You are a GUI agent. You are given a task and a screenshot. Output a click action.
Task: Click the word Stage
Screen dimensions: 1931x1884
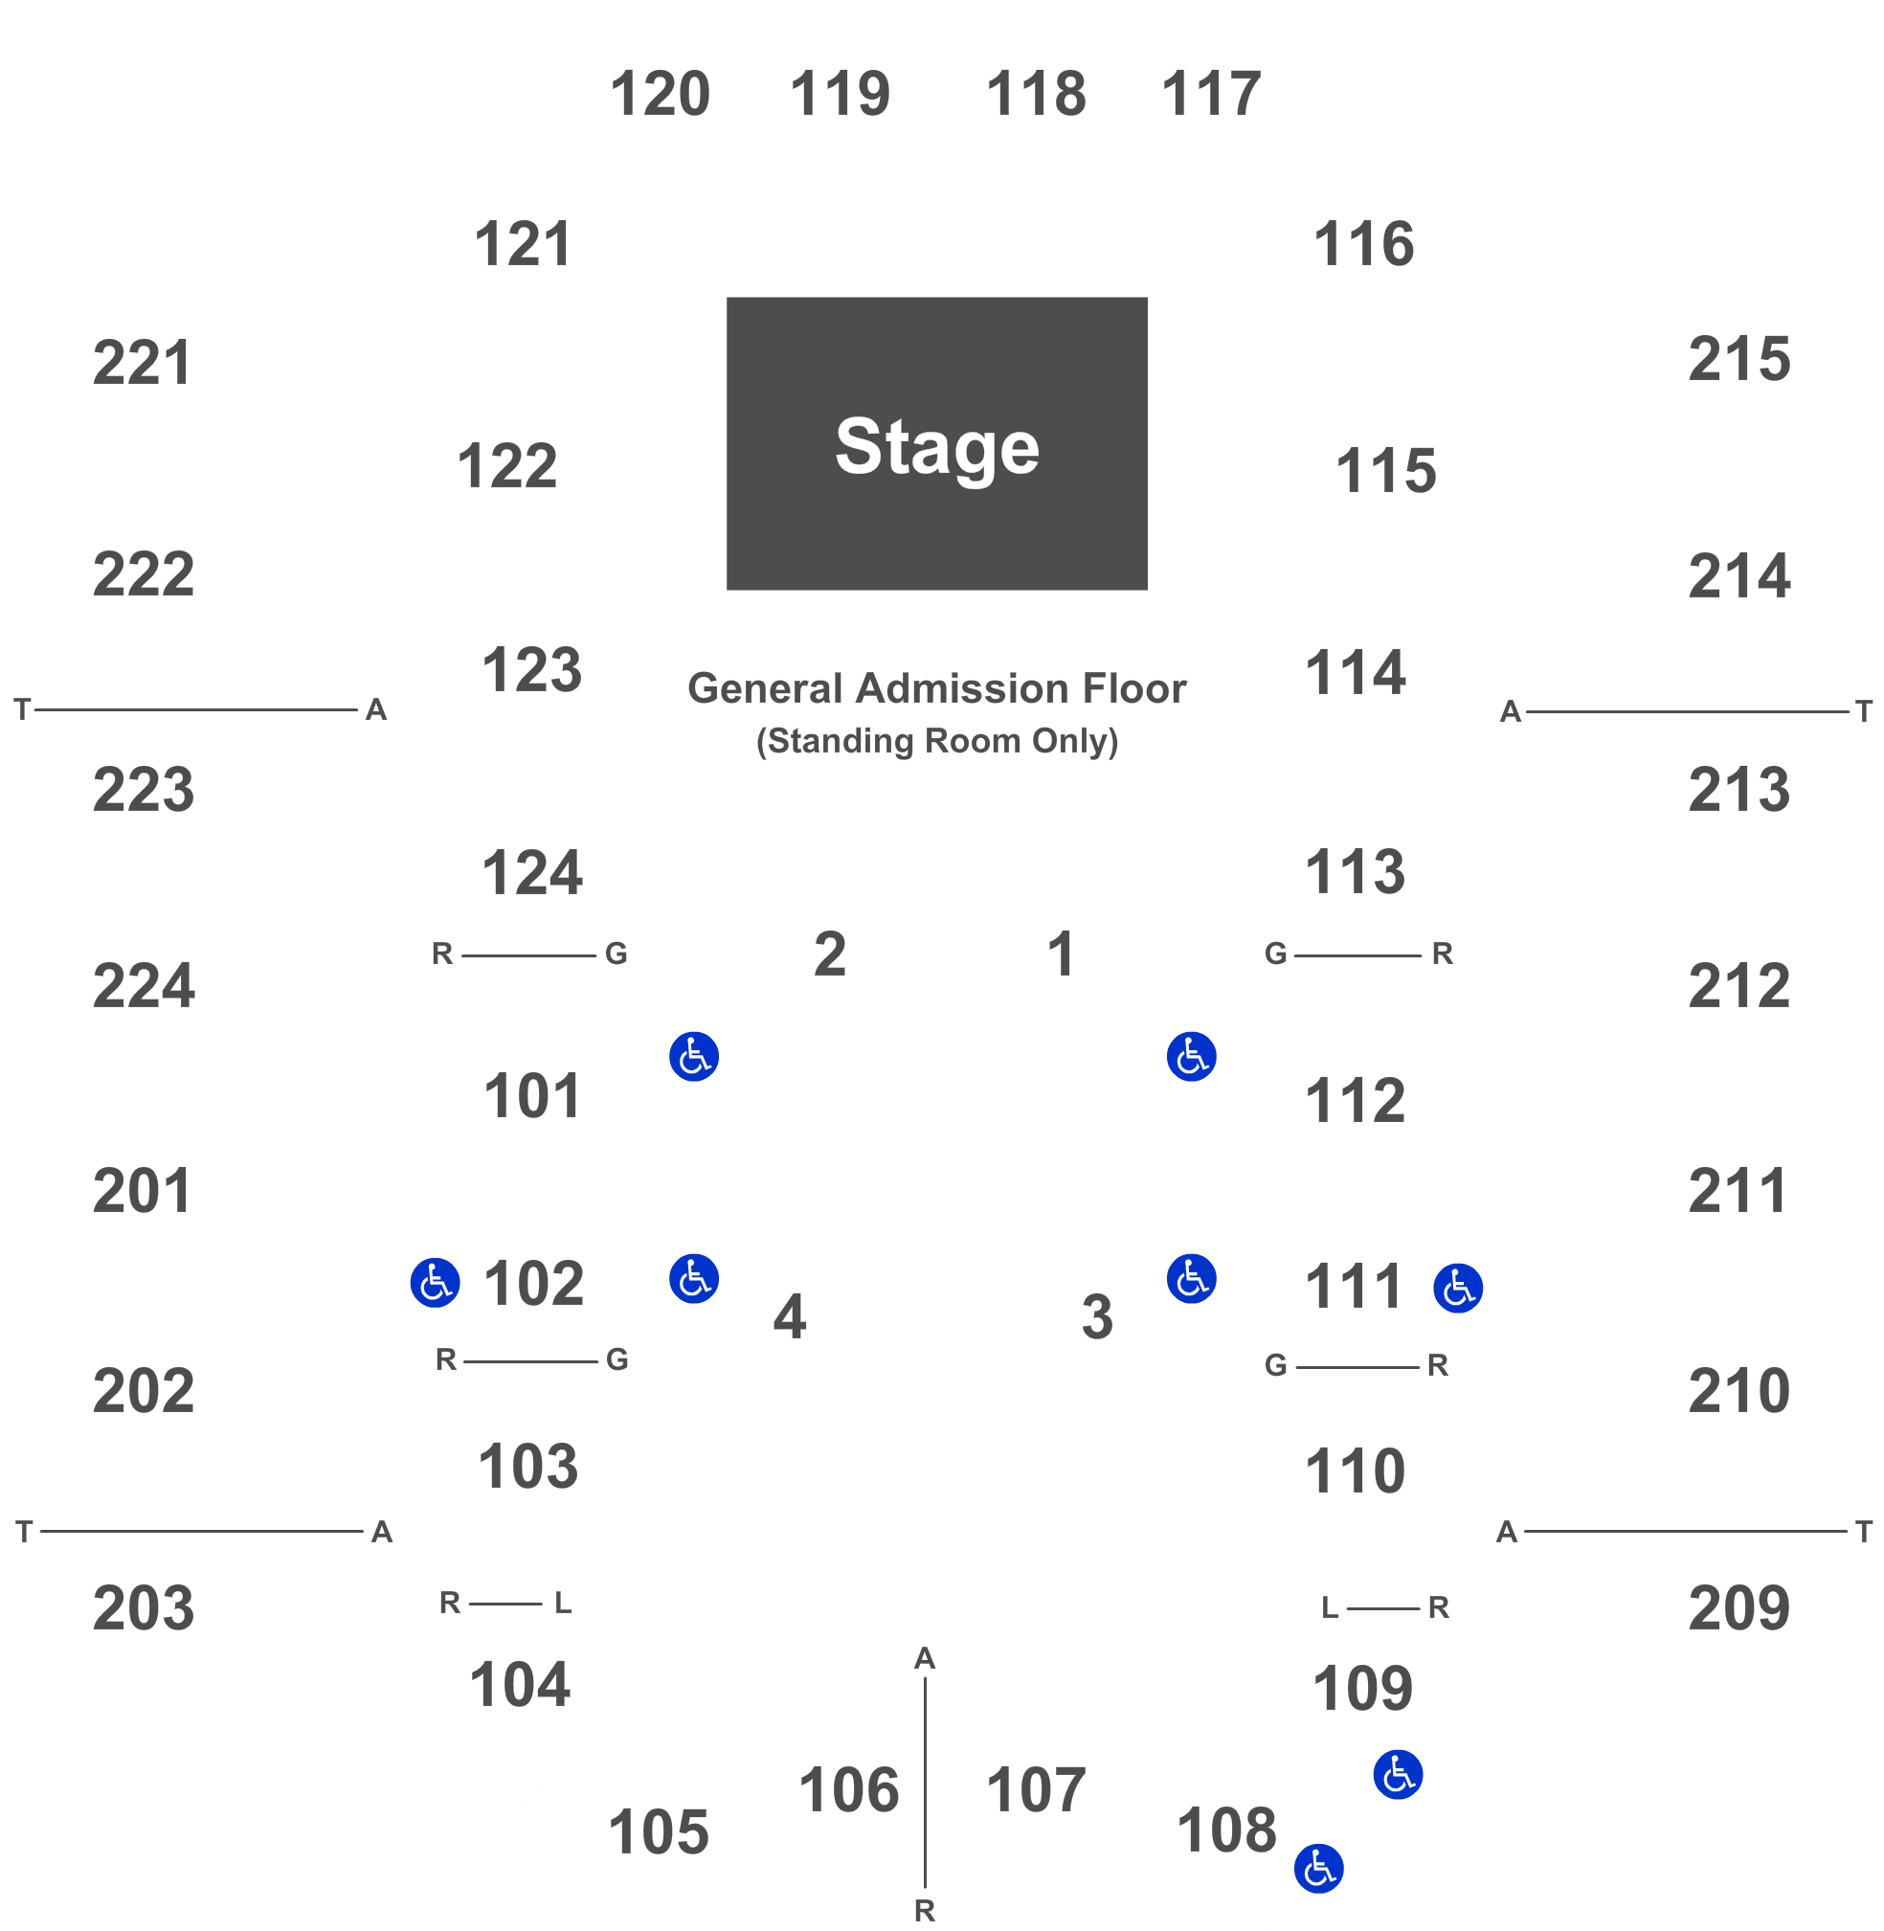[x=937, y=446]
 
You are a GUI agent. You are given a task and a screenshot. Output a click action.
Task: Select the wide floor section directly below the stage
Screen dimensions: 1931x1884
[x=938, y=711]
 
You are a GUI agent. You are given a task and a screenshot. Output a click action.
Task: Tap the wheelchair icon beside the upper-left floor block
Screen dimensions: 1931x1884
[x=694, y=1056]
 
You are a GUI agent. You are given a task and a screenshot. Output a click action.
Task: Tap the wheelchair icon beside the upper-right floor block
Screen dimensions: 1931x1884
[x=1191, y=1056]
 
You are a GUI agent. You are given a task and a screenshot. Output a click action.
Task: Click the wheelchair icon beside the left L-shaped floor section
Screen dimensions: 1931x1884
[x=694, y=1279]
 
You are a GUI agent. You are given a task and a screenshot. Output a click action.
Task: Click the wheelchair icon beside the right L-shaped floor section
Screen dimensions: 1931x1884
[x=1191, y=1279]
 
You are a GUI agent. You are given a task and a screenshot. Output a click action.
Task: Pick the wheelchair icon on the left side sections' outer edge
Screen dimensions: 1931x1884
[x=435, y=1283]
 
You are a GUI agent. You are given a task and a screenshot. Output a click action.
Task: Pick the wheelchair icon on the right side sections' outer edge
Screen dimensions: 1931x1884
[x=1458, y=1288]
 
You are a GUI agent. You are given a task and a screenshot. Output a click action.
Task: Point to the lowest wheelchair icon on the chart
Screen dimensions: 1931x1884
[x=1318, y=1869]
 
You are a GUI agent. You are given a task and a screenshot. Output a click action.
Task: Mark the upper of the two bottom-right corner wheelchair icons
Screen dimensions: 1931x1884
[x=1397, y=1775]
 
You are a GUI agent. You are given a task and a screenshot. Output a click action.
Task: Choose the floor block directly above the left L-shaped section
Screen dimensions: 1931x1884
[x=824, y=953]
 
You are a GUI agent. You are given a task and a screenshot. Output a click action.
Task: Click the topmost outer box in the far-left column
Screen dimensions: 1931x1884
[x=202, y=361]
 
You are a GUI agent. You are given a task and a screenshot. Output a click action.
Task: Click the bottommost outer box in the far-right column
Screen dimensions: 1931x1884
[x=1684, y=1597]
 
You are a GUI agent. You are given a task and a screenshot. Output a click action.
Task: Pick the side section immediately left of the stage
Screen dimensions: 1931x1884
[x=506, y=465]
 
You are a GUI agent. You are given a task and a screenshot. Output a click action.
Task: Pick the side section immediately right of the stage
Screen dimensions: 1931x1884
[x=1387, y=465]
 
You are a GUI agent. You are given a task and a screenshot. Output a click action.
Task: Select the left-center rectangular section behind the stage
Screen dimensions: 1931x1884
[x=848, y=87]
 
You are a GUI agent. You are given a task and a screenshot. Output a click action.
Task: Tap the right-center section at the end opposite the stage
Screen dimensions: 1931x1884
[x=1035, y=1782]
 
